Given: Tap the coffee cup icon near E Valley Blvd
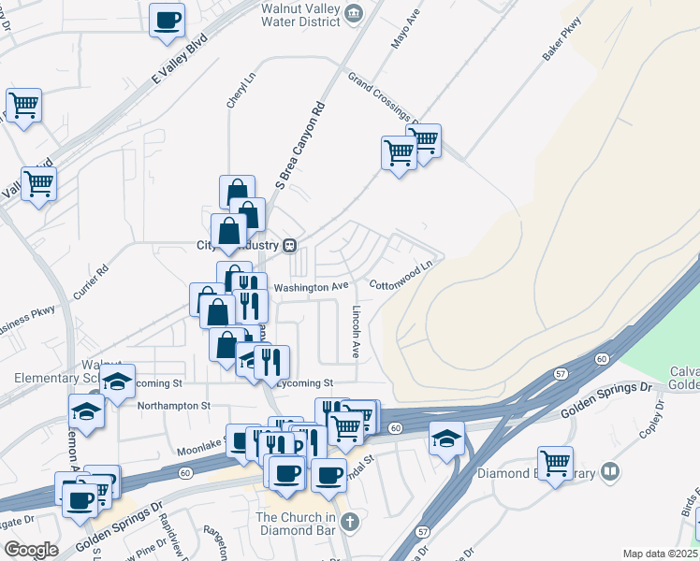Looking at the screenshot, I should tap(167, 20).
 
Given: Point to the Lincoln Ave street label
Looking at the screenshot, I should tap(356, 332).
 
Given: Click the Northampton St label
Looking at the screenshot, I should tap(173, 407).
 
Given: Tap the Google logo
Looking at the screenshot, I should tap(30, 550).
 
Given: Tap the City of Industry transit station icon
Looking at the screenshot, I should tap(290, 246).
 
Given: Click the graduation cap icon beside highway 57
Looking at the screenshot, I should tap(446, 437).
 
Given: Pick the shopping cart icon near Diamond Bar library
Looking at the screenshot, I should tap(556, 463).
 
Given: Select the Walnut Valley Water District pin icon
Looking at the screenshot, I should tap(354, 12).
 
